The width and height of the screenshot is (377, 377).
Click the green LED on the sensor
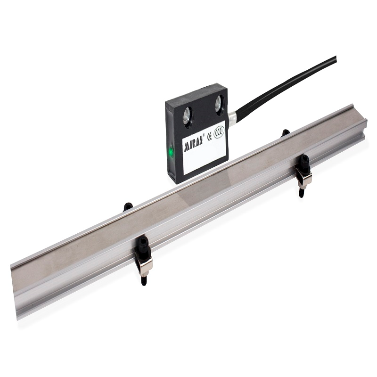172,152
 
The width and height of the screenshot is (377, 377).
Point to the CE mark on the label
209,136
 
